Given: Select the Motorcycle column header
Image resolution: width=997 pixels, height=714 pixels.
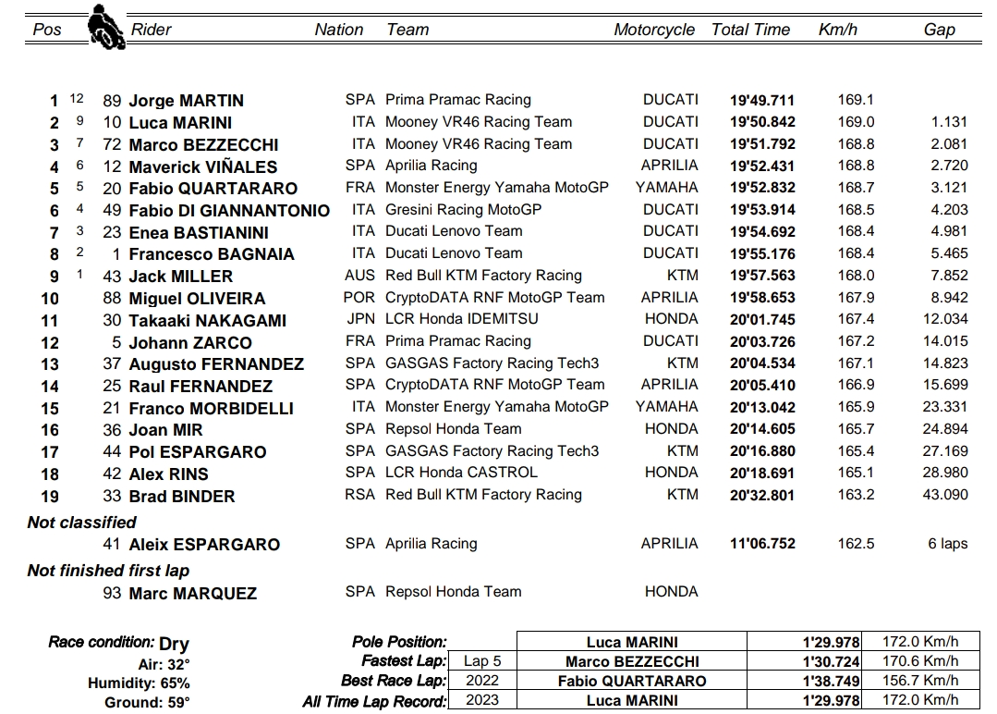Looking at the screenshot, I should pyautogui.click(x=653, y=30).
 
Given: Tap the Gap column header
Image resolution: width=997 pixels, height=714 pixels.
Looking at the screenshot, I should pyautogui.click(x=939, y=30).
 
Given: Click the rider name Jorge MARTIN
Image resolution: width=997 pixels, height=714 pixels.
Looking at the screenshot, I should pyautogui.click(x=186, y=101).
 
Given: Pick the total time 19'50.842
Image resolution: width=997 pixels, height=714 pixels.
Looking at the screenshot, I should pyautogui.click(x=761, y=123).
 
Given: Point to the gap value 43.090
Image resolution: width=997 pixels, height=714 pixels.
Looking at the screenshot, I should pyautogui.click(x=945, y=495).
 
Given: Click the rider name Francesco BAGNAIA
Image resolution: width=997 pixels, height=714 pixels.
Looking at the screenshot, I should pyautogui.click(x=211, y=254).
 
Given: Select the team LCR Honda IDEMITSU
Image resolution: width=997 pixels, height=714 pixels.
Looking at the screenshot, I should pyautogui.click(x=461, y=319).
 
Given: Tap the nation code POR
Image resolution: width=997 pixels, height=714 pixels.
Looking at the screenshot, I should pyautogui.click(x=359, y=298).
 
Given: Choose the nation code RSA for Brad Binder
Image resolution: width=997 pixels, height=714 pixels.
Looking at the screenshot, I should pyautogui.click(x=359, y=495).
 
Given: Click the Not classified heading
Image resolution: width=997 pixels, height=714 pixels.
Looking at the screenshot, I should pyautogui.click(x=82, y=523).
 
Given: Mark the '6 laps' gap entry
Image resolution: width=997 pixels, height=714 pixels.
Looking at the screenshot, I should pyautogui.click(x=947, y=544).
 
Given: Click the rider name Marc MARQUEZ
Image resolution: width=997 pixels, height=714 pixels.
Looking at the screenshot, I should pyautogui.click(x=192, y=594).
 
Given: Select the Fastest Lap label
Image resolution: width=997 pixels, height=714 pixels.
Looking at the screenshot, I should pyautogui.click(x=403, y=661).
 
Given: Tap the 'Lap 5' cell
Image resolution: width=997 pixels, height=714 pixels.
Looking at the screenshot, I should pyautogui.click(x=483, y=661).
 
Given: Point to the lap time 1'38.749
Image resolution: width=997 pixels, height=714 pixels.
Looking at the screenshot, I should pyautogui.click(x=831, y=682).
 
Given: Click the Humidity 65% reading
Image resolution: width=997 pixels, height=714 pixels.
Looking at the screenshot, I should pyautogui.click(x=139, y=683).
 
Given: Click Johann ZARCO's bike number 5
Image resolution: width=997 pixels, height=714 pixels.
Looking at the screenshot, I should pyautogui.click(x=116, y=342).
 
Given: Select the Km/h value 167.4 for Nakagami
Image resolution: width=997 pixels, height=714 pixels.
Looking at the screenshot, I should pyautogui.click(x=856, y=319).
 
